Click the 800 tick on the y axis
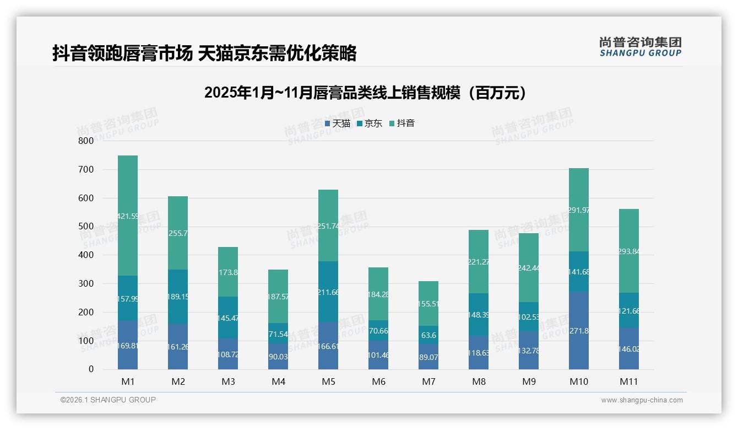[85, 141]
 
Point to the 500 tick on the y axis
[85, 227]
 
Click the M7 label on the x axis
[428, 381]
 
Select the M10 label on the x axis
[578, 381]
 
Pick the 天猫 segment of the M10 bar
[578, 331]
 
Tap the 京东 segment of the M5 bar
[328, 292]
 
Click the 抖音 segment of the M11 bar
[628, 251]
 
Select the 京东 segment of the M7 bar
[428, 335]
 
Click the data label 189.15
[178, 297]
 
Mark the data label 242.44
[529, 268]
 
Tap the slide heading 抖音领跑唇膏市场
[204, 53]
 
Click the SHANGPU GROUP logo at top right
[640, 47]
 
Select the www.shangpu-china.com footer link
[642, 400]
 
